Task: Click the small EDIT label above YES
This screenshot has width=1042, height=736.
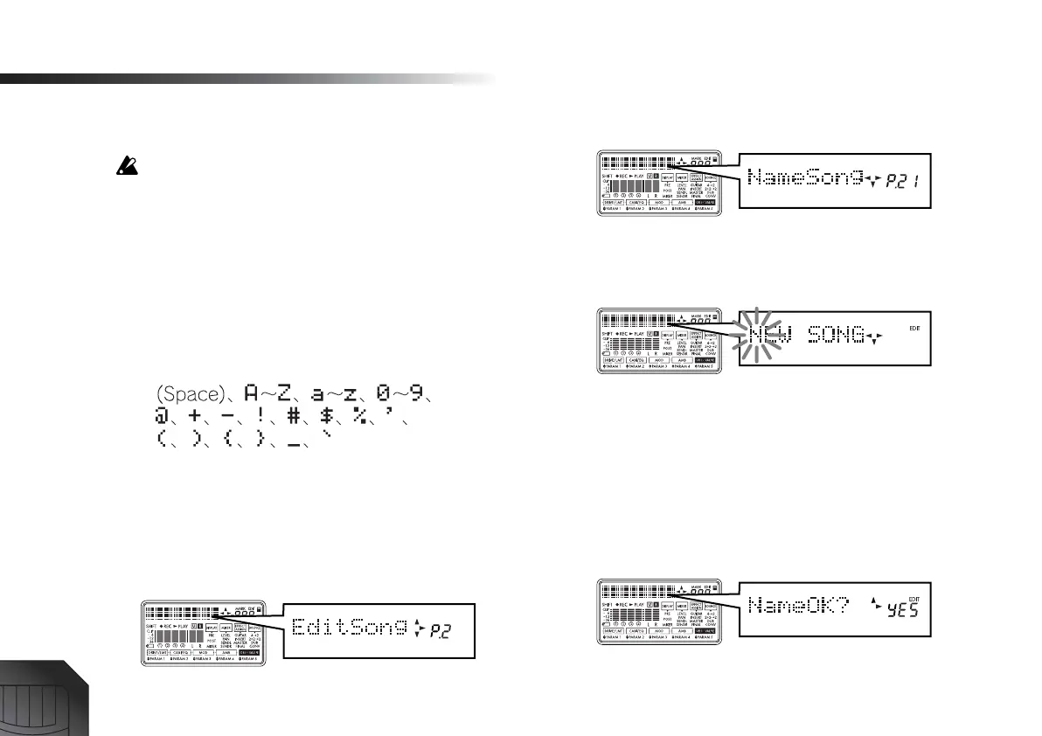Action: click(913, 588)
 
